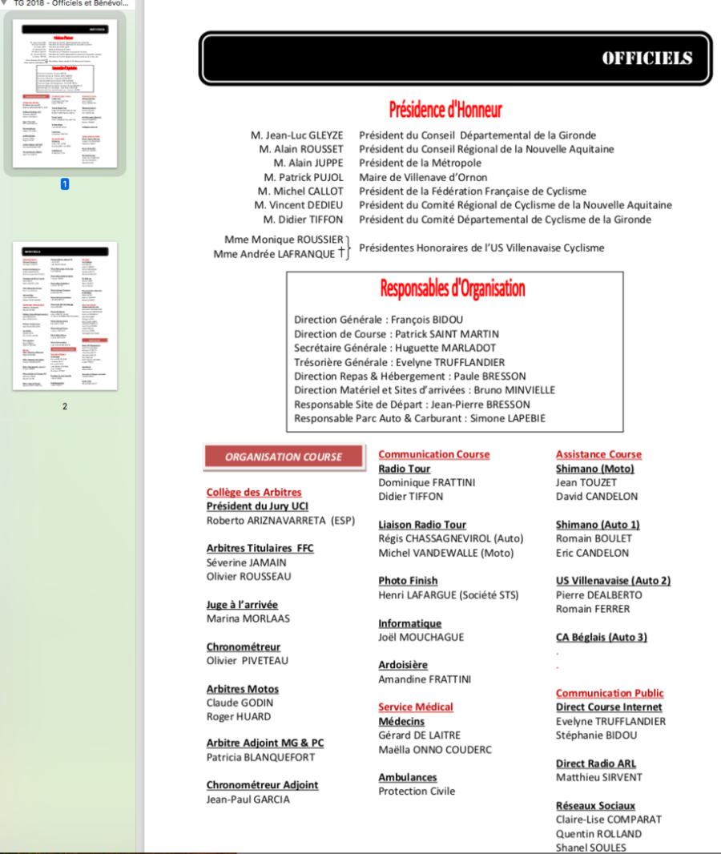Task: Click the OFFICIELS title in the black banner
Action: click(646, 58)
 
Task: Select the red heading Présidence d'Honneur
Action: click(445, 109)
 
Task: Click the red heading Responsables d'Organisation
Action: click(453, 288)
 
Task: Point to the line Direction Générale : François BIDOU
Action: click(378, 320)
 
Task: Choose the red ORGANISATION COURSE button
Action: click(284, 457)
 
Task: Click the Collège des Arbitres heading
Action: click(254, 492)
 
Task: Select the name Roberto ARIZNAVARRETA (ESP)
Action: click(280, 520)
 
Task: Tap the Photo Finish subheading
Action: click(408, 580)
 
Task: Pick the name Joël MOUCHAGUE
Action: click(421, 637)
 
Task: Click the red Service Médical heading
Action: click(416, 707)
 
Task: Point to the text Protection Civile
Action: click(417, 791)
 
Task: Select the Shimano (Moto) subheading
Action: click(594, 469)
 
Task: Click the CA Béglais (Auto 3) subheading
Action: click(601, 637)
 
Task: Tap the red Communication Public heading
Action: click(610, 693)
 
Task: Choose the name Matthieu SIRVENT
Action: click(598, 777)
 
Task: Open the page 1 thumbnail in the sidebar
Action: click(65, 91)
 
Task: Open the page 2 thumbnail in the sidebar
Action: click(65, 316)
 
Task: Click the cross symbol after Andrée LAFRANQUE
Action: click(341, 252)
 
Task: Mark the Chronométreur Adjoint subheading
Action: click(262, 785)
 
